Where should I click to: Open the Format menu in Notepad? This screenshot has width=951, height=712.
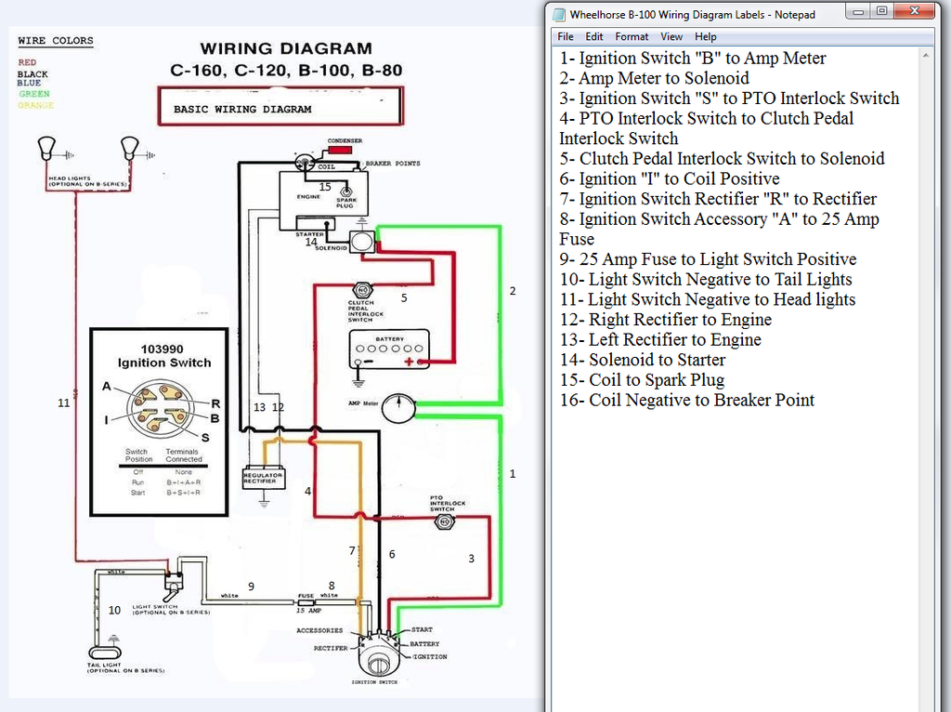632,36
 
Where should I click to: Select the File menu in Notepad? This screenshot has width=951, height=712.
565,36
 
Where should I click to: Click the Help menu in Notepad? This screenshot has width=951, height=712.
706,36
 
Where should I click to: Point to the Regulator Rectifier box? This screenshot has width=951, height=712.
264,478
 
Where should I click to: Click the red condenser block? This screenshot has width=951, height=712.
341,148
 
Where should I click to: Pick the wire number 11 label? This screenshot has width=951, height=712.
63,403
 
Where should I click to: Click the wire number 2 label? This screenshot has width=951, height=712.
512,291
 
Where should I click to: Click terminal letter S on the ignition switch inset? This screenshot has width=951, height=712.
205,438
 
